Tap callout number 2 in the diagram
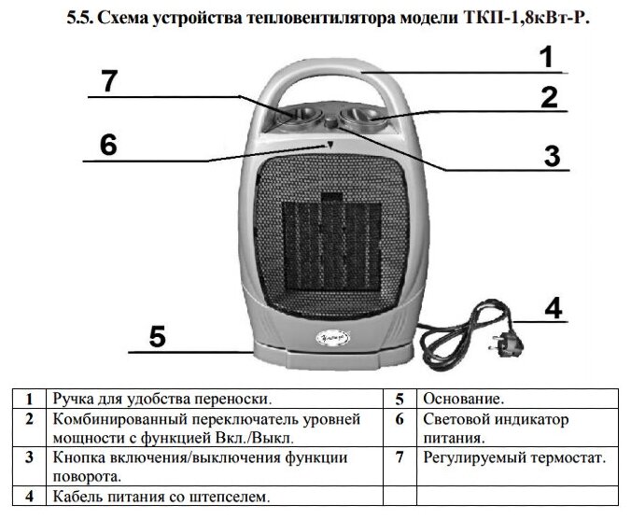tap(548, 97)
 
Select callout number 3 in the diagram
tap(553, 156)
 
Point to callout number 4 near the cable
tap(554, 308)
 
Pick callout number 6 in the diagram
tap(108, 146)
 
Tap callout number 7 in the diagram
tap(110, 81)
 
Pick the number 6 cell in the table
tap(399, 419)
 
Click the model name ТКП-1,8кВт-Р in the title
tap(529, 18)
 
